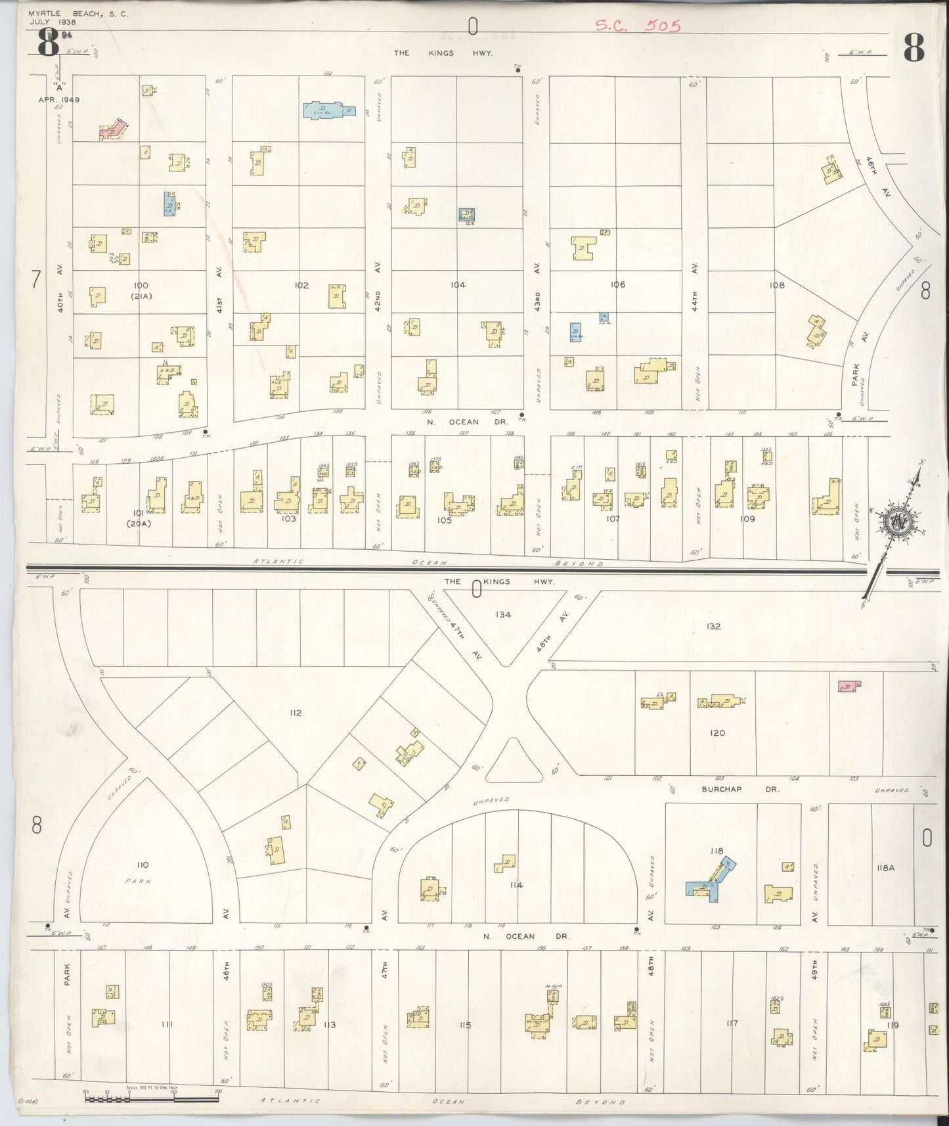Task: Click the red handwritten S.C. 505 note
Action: [638, 26]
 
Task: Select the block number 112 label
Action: [295, 713]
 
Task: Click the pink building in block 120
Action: [849, 687]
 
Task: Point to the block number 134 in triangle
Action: [503, 615]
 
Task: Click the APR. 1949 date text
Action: [58, 99]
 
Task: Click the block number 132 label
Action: [713, 626]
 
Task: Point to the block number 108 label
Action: [777, 285]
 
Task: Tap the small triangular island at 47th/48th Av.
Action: [514, 761]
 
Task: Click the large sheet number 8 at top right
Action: [914, 46]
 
